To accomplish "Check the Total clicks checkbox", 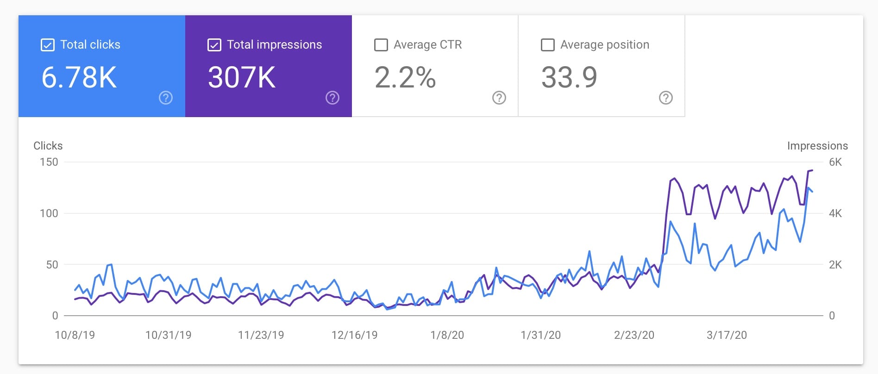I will click(x=48, y=45).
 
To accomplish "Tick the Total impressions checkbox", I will click(x=214, y=45).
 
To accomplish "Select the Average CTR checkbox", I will click(x=381, y=45).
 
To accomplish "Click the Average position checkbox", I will click(x=548, y=45).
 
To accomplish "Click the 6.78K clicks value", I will click(x=79, y=77).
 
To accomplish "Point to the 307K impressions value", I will click(x=242, y=77).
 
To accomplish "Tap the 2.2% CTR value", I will click(x=405, y=77).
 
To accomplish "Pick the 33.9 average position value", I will click(x=569, y=77).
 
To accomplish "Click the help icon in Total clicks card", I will click(x=166, y=98).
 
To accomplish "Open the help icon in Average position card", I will click(x=666, y=98).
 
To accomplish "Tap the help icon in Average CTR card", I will click(x=499, y=98).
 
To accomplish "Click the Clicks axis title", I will click(x=48, y=146).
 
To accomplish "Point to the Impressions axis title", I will click(x=817, y=146).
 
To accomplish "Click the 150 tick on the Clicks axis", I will click(x=49, y=162).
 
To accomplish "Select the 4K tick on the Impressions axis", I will click(x=835, y=213).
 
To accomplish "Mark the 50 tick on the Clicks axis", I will click(x=52, y=265).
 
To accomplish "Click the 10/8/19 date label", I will click(x=75, y=335).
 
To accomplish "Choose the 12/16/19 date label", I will click(x=355, y=335).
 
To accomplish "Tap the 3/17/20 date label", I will click(x=727, y=335).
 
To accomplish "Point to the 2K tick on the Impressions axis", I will click(x=835, y=265).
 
